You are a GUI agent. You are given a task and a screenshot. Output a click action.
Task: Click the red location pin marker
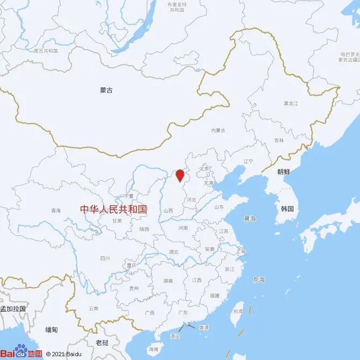point(181,175)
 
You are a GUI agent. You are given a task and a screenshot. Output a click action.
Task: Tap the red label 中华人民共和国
point(113,209)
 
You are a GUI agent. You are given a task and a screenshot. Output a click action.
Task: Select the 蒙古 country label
point(106,91)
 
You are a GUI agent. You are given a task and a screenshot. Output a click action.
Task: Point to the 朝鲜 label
point(284,172)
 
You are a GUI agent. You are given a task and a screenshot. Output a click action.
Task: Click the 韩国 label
point(287,208)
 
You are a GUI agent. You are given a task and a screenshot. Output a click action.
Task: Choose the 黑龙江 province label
point(291,103)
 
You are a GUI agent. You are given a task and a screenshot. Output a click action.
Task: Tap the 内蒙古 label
point(218,131)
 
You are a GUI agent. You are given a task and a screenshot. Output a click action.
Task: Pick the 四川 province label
point(104,258)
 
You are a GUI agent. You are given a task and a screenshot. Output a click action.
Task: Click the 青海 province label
point(56,210)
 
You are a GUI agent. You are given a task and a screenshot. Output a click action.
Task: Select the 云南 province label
point(93,308)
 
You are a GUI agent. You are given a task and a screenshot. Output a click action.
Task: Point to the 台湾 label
point(236,311)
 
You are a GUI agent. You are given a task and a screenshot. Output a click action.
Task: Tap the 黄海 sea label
point(250,219)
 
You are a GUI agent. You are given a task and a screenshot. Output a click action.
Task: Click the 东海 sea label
point(258,279)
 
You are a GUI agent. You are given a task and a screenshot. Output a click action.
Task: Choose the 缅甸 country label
point(52,329)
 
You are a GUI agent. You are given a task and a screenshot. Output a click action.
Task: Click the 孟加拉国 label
point(13,308)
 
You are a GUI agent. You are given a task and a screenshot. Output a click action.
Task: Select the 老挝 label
point(102,342)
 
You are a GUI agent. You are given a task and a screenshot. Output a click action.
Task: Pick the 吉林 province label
point(278,140)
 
